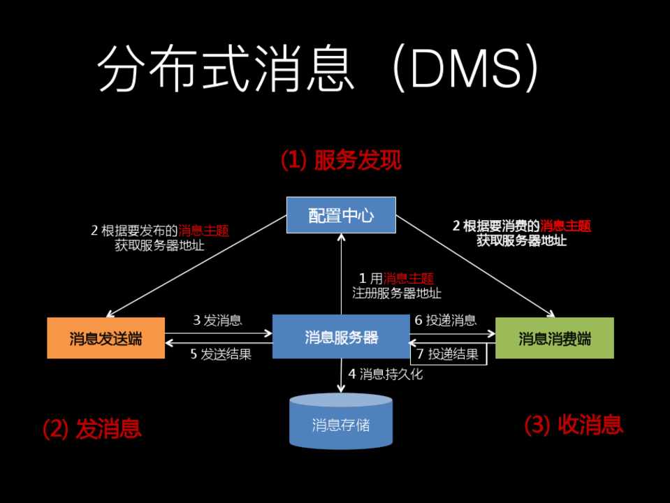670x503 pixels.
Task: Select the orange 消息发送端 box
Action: click(x=105, y=338)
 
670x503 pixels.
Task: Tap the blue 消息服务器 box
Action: click(x=341, y=337)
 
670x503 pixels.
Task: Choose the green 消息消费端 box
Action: click(x=554, y=338)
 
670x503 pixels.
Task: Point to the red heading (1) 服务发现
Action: click(x=341, y=160)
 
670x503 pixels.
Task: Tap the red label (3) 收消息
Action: click(x=574, y=424)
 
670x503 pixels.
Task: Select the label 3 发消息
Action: click(x=217, y=321)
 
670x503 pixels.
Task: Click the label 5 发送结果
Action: click(x=221, y=354)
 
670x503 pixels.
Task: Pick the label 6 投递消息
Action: click(x=446, y=321)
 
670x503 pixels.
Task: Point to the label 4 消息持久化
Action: click(x=385, y=374)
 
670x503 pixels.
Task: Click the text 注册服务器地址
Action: click(x=397, y=293)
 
